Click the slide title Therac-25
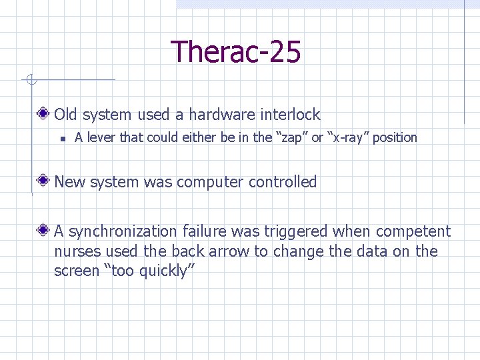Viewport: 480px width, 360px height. (236, 52)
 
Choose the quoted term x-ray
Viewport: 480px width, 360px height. (348, 138)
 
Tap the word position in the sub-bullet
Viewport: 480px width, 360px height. (395, 138)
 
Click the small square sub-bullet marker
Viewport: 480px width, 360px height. (61, 139)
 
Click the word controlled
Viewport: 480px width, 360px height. (283, 182)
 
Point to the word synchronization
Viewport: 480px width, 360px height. (122, 232)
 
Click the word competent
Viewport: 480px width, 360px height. (413, 231)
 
